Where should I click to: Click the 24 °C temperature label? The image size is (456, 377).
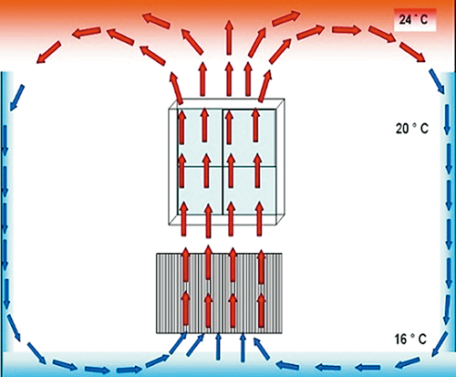coord(413,20)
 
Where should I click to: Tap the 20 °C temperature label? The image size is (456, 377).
coord(412,129)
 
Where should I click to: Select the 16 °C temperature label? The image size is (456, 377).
coord(410,339)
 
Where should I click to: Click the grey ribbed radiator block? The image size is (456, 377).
coord(219,293)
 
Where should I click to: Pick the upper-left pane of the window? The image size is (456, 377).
coord(200,138)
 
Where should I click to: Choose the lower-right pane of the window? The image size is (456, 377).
coord(250,190)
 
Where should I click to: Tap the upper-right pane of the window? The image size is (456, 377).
coord(250,138)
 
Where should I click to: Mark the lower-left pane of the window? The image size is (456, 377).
coord(200,190)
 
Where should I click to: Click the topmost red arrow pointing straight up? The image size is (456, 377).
coord(229,37)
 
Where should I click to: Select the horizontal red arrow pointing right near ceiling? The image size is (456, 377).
coord(347,30)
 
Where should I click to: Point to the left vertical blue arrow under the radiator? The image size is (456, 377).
coord(218,347)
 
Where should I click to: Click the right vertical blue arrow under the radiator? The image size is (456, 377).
coord(243,347)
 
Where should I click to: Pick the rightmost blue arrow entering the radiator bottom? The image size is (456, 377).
coord(261,349)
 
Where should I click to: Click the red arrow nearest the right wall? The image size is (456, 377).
coord(412,52)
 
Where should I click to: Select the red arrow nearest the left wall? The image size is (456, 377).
coord(48,52)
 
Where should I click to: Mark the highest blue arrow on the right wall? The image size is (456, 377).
coord(437,81)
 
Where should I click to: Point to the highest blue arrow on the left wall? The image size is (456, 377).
coord(17,98)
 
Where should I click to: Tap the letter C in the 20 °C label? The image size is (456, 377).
coord(424,129)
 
